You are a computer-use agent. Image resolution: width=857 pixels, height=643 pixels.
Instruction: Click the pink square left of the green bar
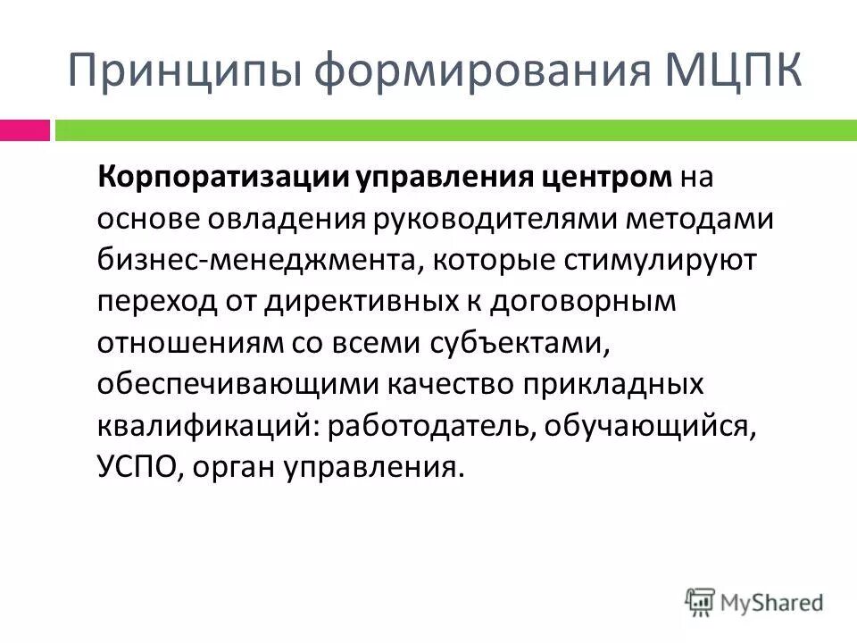click(x=25, y=130)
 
